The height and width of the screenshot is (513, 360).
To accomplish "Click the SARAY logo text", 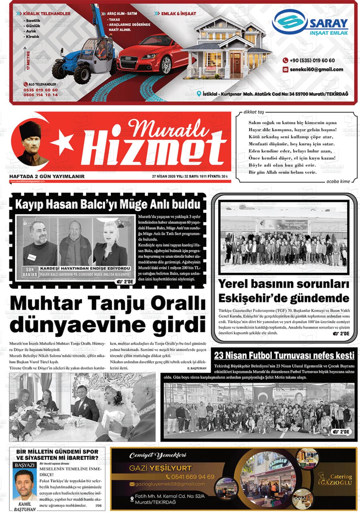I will point(328,24).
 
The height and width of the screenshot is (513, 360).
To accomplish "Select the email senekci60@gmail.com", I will point(316,69).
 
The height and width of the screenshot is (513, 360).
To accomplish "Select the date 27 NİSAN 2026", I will point(164,176).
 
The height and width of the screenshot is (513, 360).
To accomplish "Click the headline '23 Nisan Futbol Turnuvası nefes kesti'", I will point(284,356).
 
